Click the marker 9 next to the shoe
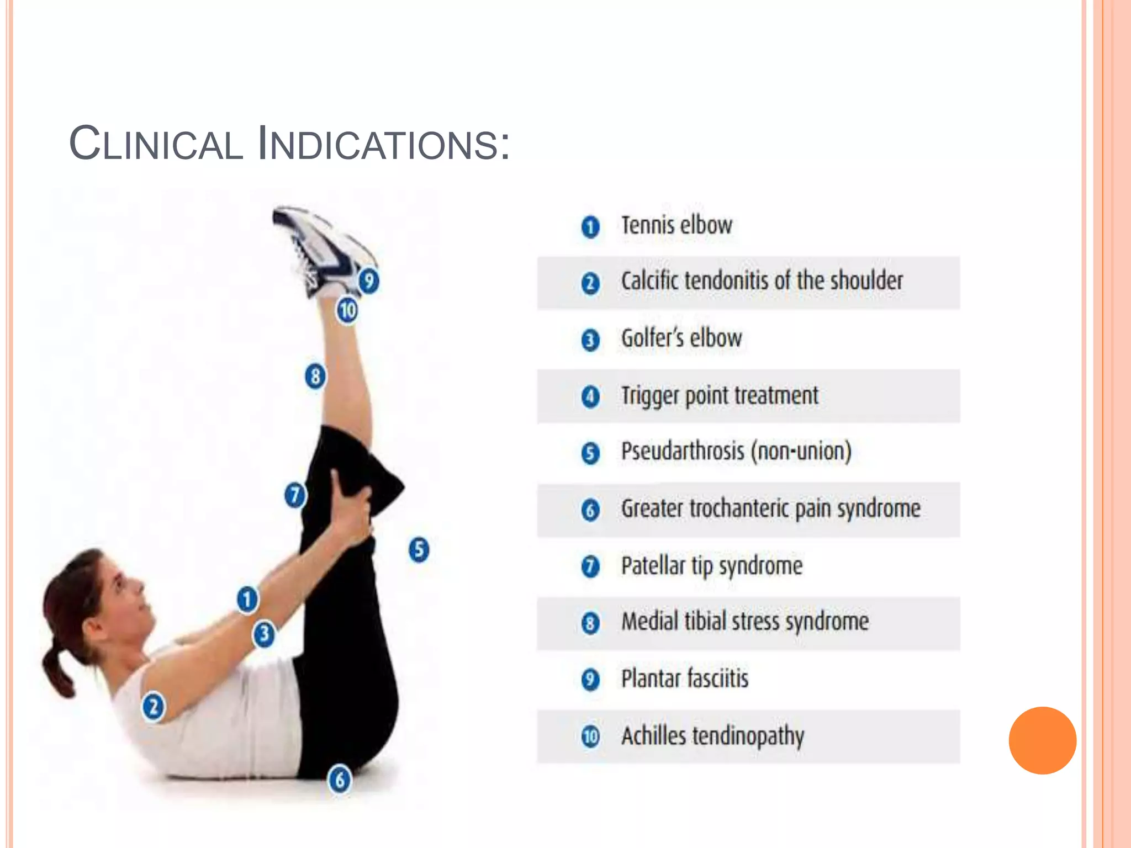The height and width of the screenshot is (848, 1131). [368, 280]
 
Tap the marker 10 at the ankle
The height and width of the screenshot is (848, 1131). [347, 310]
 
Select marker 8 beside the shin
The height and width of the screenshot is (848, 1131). [315, 377]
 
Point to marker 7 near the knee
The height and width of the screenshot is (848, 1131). [295, 495]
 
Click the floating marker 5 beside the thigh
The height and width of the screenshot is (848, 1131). [419, 549]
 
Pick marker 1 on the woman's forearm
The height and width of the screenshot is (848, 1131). [247, 599]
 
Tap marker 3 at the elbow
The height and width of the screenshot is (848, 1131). [264, 634]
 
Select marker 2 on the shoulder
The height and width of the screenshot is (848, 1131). [154, 707]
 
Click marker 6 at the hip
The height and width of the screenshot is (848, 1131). [340, 780]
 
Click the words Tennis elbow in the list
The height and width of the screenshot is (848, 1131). [677, 226]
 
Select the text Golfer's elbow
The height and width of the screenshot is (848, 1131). [681, 338]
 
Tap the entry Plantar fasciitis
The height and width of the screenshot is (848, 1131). [685, 679]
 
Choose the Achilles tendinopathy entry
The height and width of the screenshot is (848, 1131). [712, 736]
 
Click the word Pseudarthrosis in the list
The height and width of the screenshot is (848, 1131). [683, 451]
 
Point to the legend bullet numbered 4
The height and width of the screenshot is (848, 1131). [590, 396]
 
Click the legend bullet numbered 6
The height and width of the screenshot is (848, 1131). [590, 510]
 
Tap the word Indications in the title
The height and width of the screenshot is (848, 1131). [383, 144]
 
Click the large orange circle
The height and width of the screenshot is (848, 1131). [1042, 740]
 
